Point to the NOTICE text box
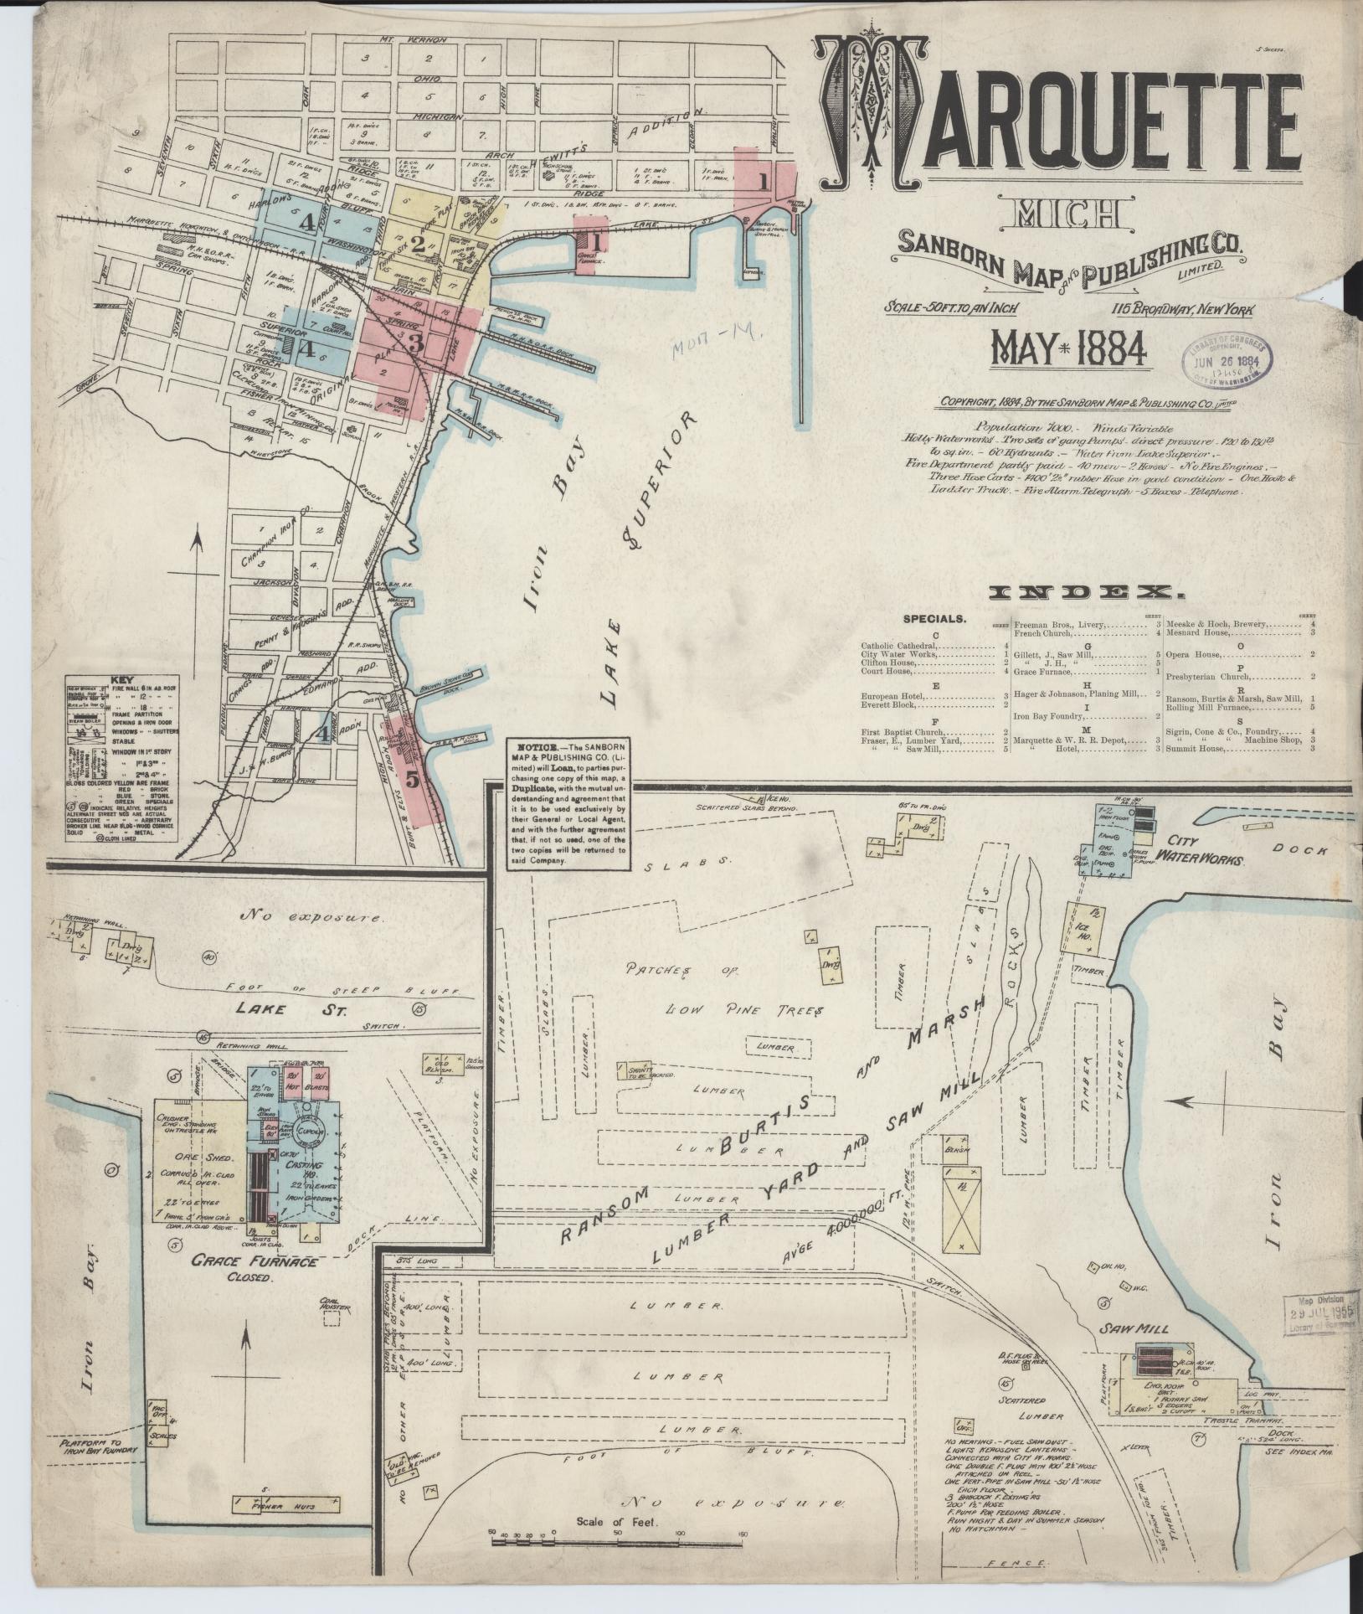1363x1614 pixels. click(x=568, y=805)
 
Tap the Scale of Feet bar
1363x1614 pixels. click(x=619, y=1534)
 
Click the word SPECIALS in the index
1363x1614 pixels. click(x=934, y=620)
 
